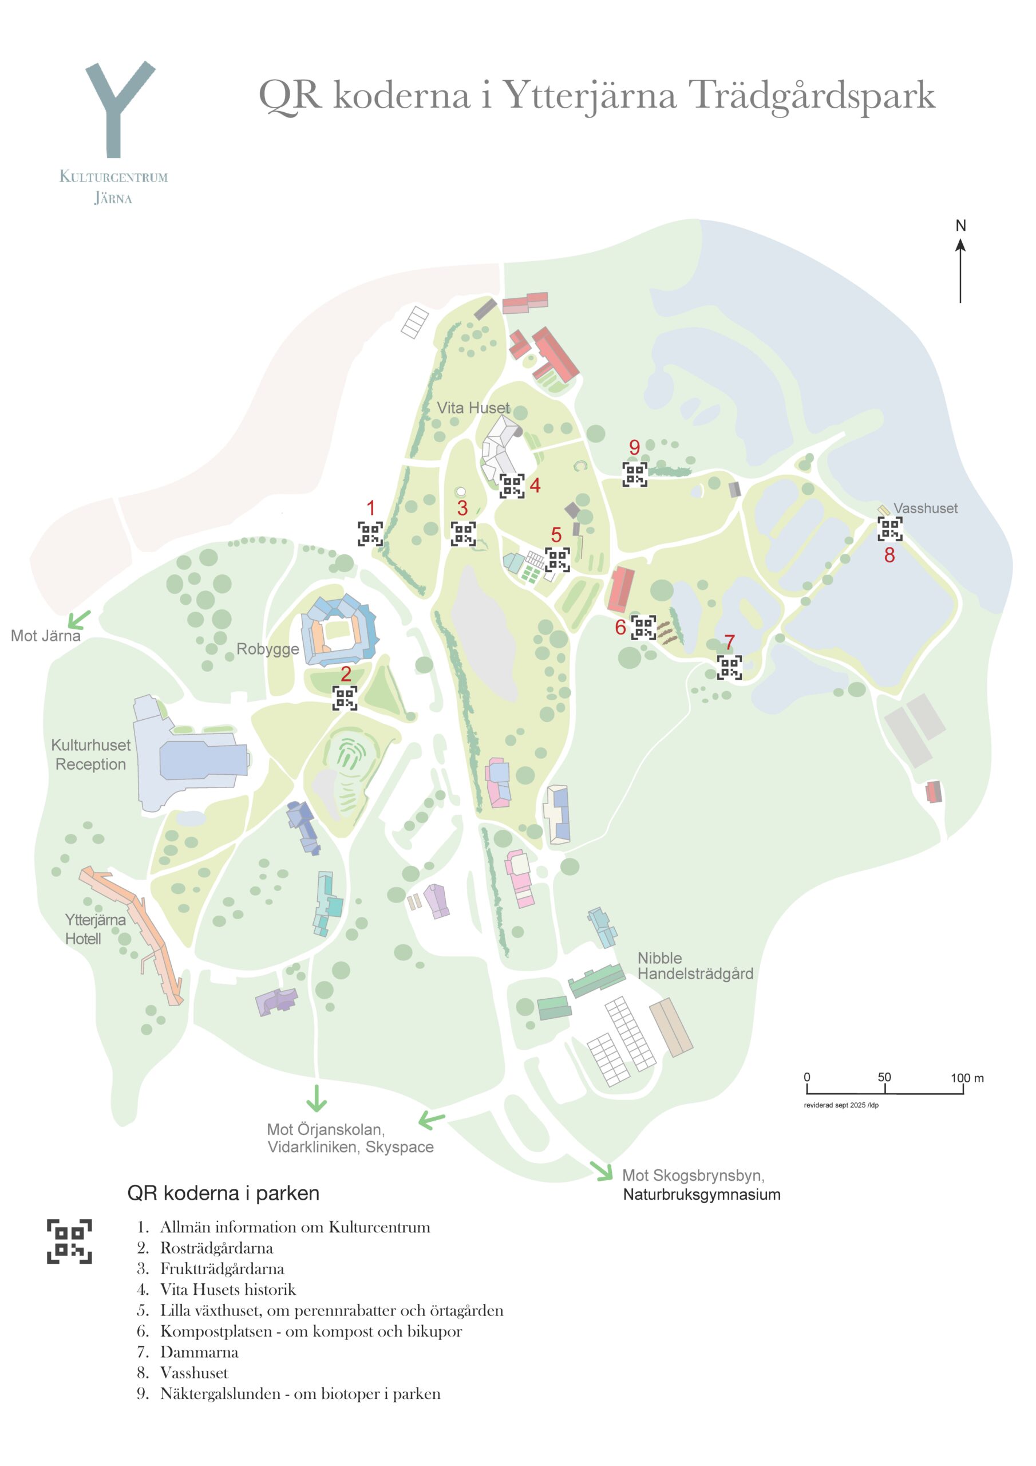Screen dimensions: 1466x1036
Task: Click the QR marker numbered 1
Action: tap(370, 534)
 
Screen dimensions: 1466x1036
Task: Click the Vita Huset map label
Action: tap(473, 408)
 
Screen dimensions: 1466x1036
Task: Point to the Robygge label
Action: tap(267, 649)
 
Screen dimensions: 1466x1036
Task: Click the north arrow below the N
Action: tap(960, 271)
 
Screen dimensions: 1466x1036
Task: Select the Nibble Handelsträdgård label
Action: tap(694, 965)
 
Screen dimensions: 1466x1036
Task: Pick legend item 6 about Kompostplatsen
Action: tap(310, 1331)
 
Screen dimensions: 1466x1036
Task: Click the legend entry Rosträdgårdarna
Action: tap(216, 1248)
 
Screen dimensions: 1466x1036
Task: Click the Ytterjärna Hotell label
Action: tap(94, 929)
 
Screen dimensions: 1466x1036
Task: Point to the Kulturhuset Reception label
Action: tap(90, 755)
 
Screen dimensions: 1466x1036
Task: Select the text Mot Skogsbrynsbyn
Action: tap(693, 1176)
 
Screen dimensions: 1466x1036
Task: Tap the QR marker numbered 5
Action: tap(556, 560)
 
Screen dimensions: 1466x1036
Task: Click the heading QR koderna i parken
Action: tap(223, 1193)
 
